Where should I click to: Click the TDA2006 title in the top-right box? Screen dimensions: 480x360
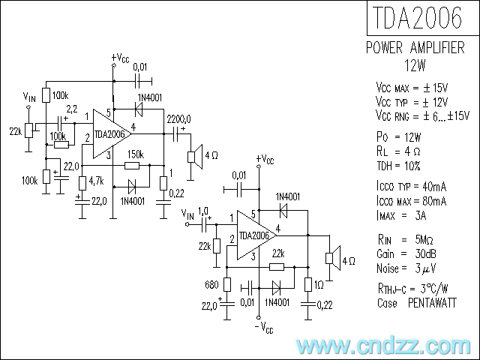point(417,18)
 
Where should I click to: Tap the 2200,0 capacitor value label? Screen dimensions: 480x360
point(179,118)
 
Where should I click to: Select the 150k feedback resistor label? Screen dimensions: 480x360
point(136,154)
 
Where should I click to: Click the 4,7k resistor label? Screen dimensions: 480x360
point(97,181)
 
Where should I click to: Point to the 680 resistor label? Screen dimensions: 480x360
point(211,285)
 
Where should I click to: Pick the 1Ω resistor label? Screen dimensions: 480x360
point(319,285)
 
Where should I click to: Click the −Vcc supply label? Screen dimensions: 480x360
point(264,328)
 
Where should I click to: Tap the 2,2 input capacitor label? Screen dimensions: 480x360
point(72,109)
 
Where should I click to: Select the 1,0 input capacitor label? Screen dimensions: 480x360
point(203,211)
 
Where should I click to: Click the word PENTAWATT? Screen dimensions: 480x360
point(432,303)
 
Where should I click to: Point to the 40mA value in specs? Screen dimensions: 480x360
point(434,187)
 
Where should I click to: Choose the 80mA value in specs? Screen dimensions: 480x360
point(434,201)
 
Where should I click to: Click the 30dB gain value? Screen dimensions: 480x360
point(425,253)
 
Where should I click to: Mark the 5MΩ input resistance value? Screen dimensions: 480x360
point(424,240)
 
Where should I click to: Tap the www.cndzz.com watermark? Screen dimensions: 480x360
point(383,346)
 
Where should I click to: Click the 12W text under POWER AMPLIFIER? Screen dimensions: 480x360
point(415,65)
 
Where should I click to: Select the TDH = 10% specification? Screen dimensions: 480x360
point(398,166)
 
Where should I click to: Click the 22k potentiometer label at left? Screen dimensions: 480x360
point(15,131)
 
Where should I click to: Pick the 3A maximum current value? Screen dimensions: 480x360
point(421,216)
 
